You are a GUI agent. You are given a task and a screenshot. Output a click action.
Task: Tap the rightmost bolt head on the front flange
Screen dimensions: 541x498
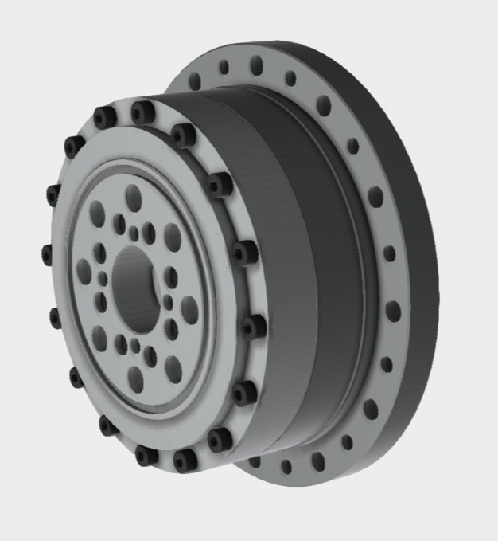pos(253,327)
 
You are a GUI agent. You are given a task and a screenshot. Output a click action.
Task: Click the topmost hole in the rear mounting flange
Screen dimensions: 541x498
pos(256,64)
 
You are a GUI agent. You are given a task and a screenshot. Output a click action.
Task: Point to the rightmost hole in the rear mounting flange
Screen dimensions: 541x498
pos(393,310)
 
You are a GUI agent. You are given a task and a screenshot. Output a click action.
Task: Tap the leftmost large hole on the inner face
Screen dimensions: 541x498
pos(84,271)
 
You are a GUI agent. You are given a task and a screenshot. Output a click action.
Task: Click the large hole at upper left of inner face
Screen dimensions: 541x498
pos(97,213)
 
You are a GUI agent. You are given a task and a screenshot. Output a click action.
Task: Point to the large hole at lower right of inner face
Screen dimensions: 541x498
pos(173,368)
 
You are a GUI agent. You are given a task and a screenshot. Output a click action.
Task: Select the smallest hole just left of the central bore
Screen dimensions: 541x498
pos(103,278)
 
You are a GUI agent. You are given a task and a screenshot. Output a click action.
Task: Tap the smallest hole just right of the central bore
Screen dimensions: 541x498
pos(168,301)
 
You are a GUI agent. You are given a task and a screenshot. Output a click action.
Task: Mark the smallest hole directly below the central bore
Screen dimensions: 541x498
pos(135,345)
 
